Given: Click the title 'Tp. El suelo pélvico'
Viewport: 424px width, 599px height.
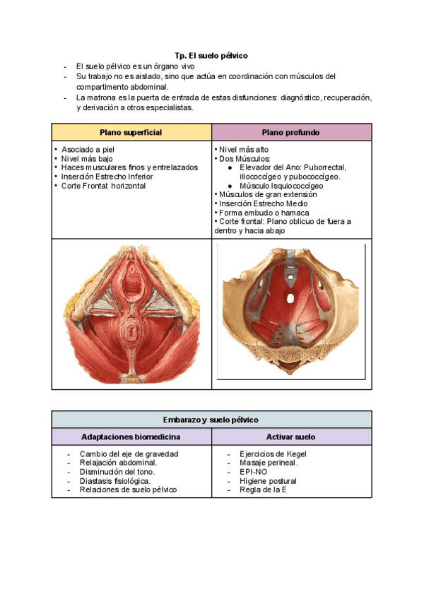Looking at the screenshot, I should [x=211, y=55].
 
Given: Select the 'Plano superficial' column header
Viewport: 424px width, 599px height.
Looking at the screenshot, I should [x=131, y=132].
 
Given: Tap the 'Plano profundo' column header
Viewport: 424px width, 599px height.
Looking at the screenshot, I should [x=290, y=132].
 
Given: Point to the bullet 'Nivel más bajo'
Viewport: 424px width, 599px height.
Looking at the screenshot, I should [x=86, y=159].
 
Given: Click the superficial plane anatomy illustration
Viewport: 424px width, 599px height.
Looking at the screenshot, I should [x=131, y=312].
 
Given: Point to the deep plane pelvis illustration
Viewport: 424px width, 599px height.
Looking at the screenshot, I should [x=291, y=313].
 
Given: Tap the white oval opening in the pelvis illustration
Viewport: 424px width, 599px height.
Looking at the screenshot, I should [x=290, y=298].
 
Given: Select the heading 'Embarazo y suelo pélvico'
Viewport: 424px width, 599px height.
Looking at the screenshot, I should [x=211, y=420].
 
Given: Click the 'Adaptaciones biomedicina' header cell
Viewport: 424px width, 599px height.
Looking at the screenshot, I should [x=131, y=437].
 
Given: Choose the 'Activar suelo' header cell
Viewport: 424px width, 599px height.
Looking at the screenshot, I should [x=290, y=437].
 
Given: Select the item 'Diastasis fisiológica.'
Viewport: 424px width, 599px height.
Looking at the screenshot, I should [x=114, y=481].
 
